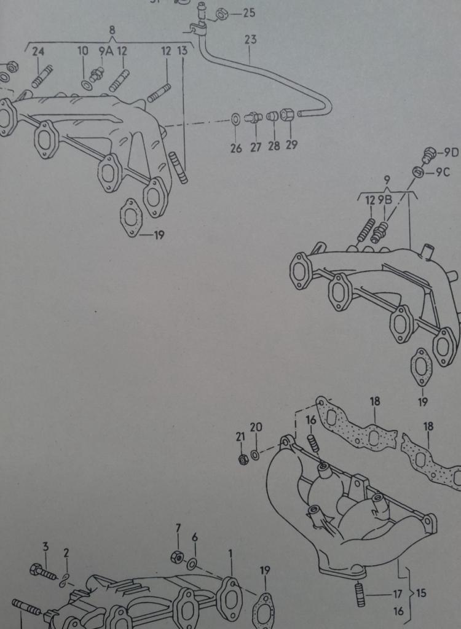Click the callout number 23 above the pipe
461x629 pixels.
tap(250, 40)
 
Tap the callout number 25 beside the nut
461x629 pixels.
tap(249, 13)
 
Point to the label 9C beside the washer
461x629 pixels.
tap(443, 173)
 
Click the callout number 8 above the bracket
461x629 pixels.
tap(112, 29)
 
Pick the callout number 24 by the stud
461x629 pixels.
tap(39, 52)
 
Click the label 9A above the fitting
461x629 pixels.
tap(106, 52)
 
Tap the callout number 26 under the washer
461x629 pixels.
tap(236, 149)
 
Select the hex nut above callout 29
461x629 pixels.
tap(287, 115)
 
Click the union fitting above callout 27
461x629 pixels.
tap(254, 117)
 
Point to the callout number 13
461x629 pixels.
tap(182, 51)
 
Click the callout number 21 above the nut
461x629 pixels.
tap(240, 437)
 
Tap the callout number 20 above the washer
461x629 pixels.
tap(256, 428)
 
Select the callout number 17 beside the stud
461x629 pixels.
tap(398, 594)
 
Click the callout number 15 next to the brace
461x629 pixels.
tap(421, 593)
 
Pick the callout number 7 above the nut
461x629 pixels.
tap(178, 529)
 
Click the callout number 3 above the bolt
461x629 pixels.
tap(45, 546)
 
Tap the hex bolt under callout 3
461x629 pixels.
tap(42, 572)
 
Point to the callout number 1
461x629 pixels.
tap(230, 554)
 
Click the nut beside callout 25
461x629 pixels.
tap(221, 15)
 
